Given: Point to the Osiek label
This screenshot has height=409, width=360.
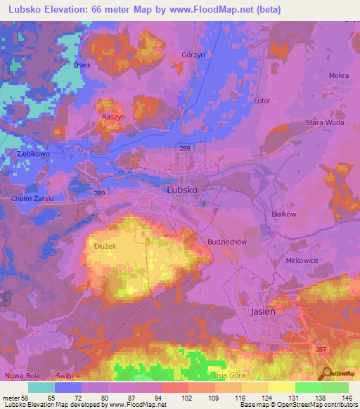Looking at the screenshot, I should click(82, 65).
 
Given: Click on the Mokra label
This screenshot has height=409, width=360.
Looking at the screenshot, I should click(338, 75).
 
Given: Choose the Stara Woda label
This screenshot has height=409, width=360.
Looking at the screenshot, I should click(324, 123).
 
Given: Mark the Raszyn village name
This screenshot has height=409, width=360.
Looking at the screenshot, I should click(113, 118).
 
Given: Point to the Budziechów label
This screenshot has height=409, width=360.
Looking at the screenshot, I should click(226, 241).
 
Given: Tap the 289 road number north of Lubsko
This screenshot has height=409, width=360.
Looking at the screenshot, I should click(184, 150).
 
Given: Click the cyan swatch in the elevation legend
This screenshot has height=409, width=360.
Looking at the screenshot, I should click(41, 387).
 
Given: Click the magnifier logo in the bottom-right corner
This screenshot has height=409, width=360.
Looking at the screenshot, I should click(326, 373).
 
